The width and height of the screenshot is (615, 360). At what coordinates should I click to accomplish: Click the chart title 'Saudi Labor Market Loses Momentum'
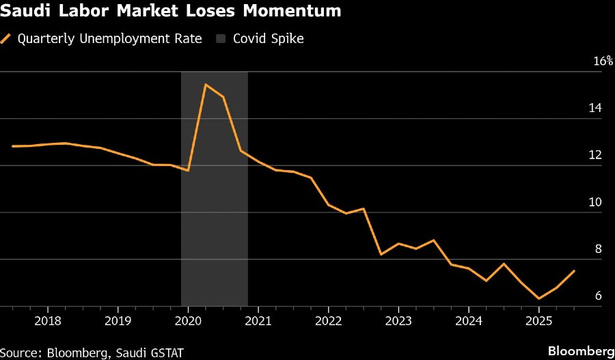pos(172,12)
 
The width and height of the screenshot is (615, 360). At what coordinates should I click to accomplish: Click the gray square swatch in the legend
pos(220,38)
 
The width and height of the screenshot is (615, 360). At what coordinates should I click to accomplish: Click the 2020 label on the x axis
pos(188,320)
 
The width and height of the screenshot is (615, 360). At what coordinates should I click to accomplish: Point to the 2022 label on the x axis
pos(328,320)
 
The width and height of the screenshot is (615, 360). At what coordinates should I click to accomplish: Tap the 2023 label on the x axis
pos(398,320)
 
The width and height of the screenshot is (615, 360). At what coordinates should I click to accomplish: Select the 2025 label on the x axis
pos(538,320)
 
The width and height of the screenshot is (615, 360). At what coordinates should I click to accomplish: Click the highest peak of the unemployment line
pos(206,84)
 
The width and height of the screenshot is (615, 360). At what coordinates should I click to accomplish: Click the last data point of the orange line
pos(574,271)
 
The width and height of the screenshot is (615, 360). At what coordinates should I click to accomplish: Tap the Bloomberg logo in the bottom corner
pos(581,351)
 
